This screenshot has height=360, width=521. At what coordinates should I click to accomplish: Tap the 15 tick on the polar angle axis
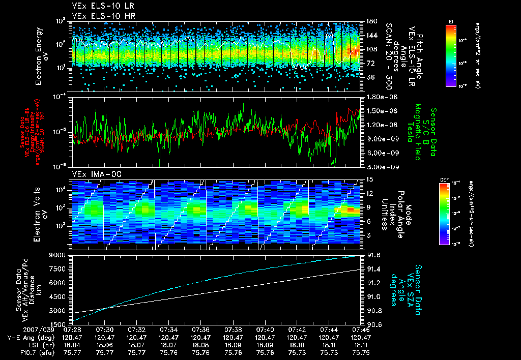tap(367, 179)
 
